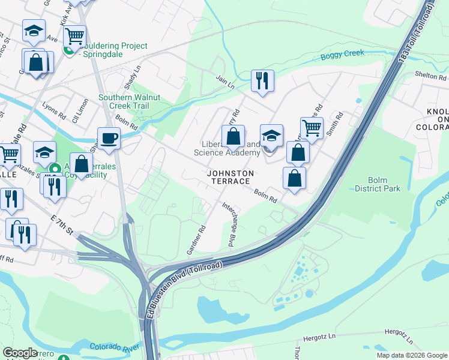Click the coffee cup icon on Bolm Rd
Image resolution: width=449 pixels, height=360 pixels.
click(x=109, y=138)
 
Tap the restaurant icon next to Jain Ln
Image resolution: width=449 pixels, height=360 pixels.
click(x=262, y=80)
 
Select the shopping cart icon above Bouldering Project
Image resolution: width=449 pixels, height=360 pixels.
click(x=74, y=36)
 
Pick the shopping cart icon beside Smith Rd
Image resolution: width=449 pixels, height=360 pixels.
click(x=312, y=128)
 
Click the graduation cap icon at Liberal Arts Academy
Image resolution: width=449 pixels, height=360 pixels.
click(x=271, y=136)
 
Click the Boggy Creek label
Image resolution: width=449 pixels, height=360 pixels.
click(x=342, y=54)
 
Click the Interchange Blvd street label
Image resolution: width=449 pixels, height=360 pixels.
click(x=228, y=224)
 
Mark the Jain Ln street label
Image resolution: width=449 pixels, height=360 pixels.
click(x=226, y=82)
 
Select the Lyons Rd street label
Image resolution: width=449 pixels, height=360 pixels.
click(x=53, y=111)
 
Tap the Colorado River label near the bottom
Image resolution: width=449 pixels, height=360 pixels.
click(x=115, y=347)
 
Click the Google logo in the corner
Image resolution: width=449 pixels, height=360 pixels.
click(x=20, y=353)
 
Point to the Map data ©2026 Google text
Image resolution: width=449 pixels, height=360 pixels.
click(x=411, y=355)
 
